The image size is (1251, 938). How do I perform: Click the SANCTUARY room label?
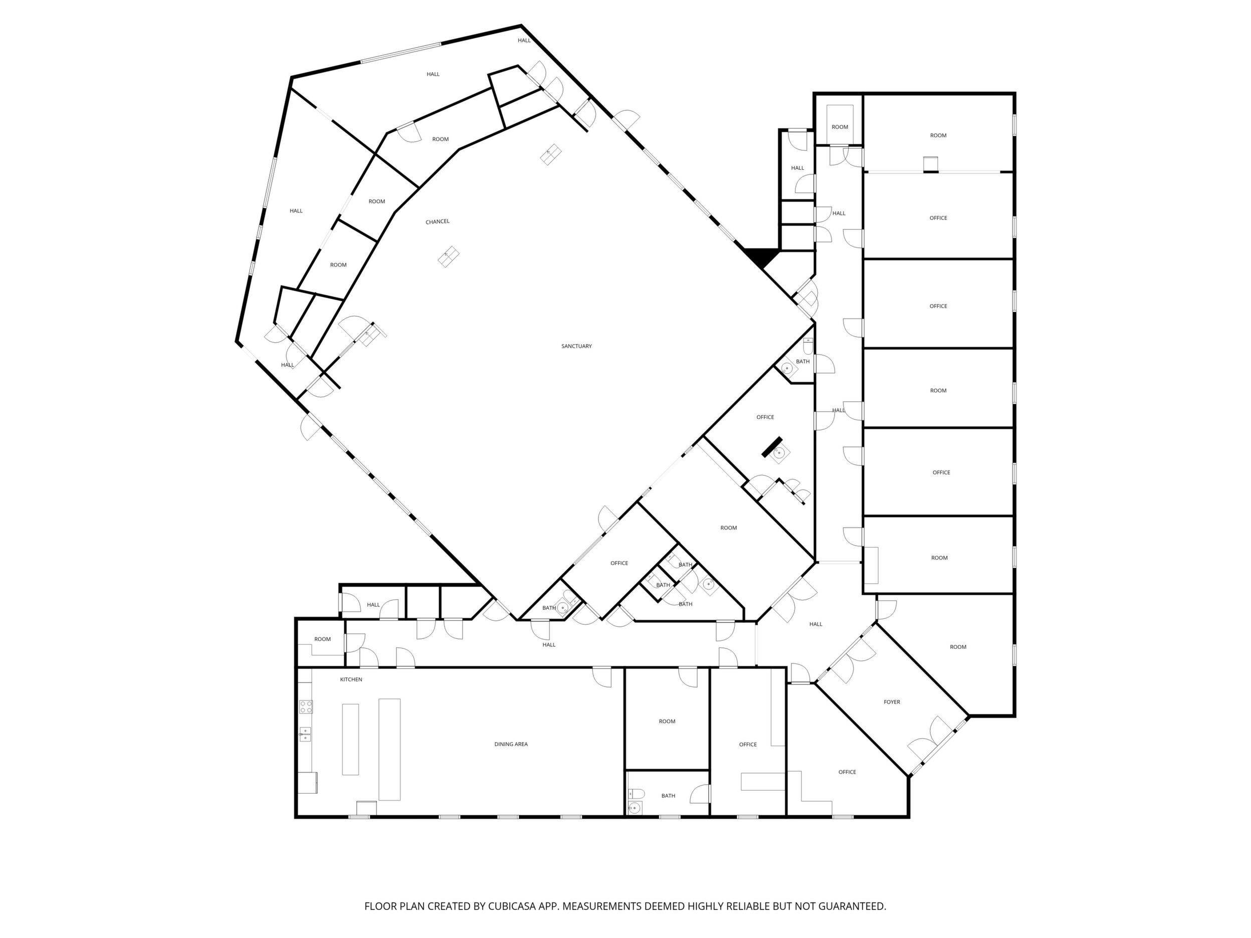[x=576, y=346]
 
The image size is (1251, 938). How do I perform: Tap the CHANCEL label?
[x=437, y=221]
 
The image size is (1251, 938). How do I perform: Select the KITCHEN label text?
[x=351, y=679]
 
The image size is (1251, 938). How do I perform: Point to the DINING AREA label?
[x=511, y=744]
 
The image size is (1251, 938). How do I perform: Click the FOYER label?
[x=892, y=702]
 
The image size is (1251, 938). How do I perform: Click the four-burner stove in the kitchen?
[x=306, y=707]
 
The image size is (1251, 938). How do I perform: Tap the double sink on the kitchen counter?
[x=305, y=734]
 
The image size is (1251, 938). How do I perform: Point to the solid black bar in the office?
[x=771, y=446]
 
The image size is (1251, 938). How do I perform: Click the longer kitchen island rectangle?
[x=389, y=749]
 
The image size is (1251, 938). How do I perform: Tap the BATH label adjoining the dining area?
[x=668, y=796]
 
